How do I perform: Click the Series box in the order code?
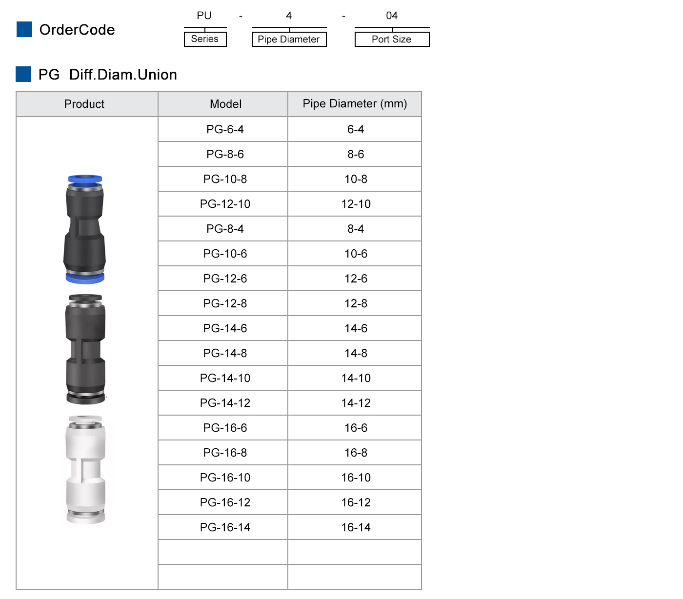tap(205, 39)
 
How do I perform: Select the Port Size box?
tap(392, 40)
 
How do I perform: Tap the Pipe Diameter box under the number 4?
tap(289, 40)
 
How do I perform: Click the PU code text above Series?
tap(204, 16)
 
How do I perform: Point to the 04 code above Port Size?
tap(392, 16)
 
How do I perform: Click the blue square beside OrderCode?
tap(24, 29)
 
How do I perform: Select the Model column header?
tap(225, 104)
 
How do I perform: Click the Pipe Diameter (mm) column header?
tap(355, 104)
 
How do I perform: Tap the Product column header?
tap(84, 104)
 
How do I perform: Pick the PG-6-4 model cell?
tap(225, 129)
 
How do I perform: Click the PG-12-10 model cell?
tap(225, 204)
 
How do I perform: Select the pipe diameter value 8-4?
tap(356, 229)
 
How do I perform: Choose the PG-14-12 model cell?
tap(225, 403)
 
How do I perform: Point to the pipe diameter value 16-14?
tap(356, 527)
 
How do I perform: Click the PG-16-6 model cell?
tap(225, 428)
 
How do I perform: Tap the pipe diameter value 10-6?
tap(356, 254)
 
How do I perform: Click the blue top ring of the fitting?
tap(85, 179)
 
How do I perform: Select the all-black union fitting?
tap(85, 349)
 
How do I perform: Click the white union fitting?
tap(85, 469)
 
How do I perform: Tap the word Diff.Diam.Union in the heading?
tap(123, 75)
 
